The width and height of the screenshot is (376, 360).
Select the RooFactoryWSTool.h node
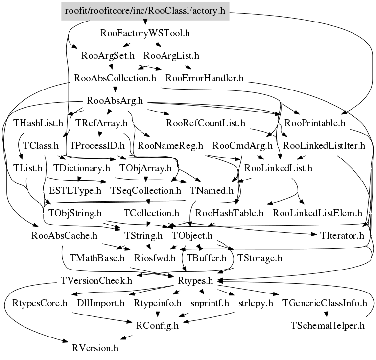point(145,34)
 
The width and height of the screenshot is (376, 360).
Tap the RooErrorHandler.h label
point(205,78)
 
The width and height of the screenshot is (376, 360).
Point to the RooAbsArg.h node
point(114,101)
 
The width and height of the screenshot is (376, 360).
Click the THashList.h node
point(38,123)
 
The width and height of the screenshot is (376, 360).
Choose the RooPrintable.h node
point(312,123)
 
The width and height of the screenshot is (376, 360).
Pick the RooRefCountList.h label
point(206,123)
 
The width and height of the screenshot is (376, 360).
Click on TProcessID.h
point(97,146)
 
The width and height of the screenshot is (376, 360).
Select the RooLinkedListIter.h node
point(324,146)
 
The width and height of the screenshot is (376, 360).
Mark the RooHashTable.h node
point(230,213)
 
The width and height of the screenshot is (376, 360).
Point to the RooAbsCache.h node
point(64,236)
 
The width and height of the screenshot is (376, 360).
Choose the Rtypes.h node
point(194,281)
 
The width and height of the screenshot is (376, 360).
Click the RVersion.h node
point(95,348)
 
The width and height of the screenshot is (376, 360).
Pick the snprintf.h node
point(210,303)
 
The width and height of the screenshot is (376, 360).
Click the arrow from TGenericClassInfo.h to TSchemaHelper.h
point(325,315)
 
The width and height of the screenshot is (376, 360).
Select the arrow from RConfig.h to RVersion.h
point(126,337)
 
